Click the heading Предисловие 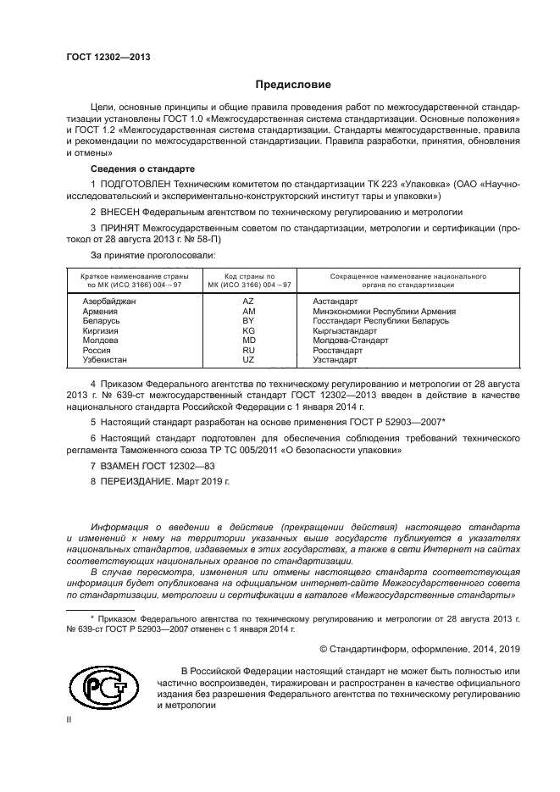[293, 85]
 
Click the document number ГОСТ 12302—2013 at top [108, 58]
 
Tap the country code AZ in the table [248, 302]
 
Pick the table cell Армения [100, 312]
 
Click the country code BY [248, 321]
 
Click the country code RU [248, 350]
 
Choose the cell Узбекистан [105, 359]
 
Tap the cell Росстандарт [337, 350]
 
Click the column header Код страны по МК [249, 281]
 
